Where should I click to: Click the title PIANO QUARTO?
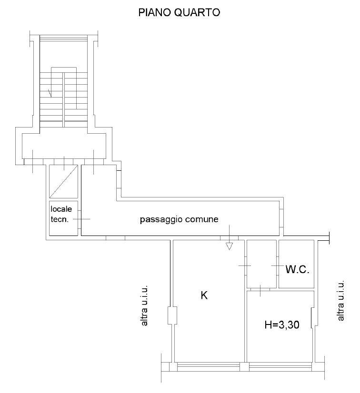[x=179, y=12]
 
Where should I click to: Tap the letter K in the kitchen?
[x=204, y=295]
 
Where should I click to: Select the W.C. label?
[x=297, y=269]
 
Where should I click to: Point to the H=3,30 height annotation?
[x=282, y=325]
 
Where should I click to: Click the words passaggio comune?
[x=179, y=219]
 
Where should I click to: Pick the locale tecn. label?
[x=61, y=214]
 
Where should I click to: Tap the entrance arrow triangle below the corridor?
[x=230, y=246]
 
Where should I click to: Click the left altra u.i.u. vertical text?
[x=144, y=305]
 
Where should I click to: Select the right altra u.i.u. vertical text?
[x=340, y=301]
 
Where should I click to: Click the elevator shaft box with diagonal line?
[x=63, y=181]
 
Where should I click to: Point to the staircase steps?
[x=63, y=97]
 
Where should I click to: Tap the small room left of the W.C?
[x=261, y=264]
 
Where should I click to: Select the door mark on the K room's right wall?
[x=245, y=265]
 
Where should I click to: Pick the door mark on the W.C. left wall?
[x=278, y=265]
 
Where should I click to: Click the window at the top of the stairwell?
[x=63, y=39]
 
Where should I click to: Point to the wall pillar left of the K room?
[x=172, y=315]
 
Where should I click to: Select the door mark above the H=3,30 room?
[x=260, y=290]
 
